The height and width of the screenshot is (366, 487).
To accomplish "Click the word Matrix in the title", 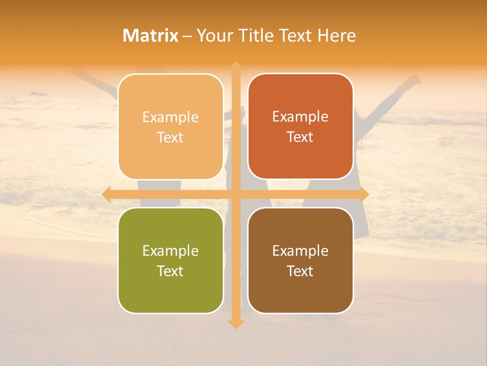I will tap(151, 36).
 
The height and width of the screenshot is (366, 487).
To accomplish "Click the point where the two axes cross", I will tap(236, 195).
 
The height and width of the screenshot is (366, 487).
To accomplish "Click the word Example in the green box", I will tap(170, 251).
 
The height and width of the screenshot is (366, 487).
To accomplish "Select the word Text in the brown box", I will tap(300, 271).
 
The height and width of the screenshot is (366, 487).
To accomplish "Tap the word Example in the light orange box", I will tap(170, 117).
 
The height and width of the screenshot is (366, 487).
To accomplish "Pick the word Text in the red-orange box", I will tap(300, 137).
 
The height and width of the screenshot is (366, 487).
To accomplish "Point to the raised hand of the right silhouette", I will tap(415, 80).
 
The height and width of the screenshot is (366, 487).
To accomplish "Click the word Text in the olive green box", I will tap(170, 271).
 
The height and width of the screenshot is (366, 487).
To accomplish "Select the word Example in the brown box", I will tap(300, 251).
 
